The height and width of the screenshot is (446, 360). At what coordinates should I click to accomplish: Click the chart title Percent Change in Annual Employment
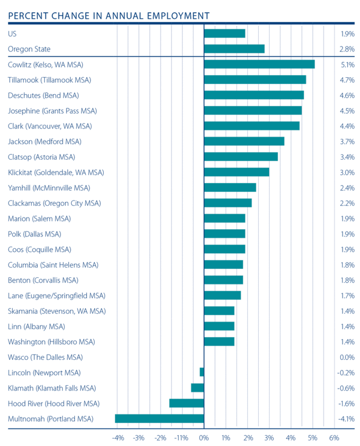click(x=108, y=16)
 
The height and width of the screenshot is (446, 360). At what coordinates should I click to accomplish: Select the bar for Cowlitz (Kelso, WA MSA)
click(x=259, y=64)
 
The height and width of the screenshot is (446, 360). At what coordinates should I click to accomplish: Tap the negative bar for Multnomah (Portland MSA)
click(x=159, y=419)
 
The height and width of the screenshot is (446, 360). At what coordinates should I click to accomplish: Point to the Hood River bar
click(x=187, y=403)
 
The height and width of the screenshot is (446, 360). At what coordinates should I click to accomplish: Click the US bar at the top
click(x=225, y=33)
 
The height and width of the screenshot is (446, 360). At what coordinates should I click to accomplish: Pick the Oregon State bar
click(x=234, y=49)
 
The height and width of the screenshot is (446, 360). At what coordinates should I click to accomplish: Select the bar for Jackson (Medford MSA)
click(x=244, y=141)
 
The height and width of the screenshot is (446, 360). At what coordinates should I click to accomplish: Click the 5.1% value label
click(x=347, y=64)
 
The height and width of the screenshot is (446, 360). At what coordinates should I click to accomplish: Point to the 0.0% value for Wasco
click(x=347, y=357)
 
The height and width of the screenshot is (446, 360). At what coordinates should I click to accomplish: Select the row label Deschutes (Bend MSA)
click(x=44, y=95)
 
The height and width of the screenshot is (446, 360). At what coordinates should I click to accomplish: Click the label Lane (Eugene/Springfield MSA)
click(x=57, y=295)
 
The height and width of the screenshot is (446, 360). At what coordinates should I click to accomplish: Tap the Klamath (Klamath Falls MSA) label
click(x=52, y=388)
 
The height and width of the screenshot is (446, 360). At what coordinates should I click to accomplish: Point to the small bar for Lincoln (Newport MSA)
click(x=202, y=372)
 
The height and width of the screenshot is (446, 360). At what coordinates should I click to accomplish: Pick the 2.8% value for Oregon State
click(x=347, y=49)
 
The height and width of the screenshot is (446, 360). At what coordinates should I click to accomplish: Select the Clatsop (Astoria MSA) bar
click(x=241, y=157)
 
